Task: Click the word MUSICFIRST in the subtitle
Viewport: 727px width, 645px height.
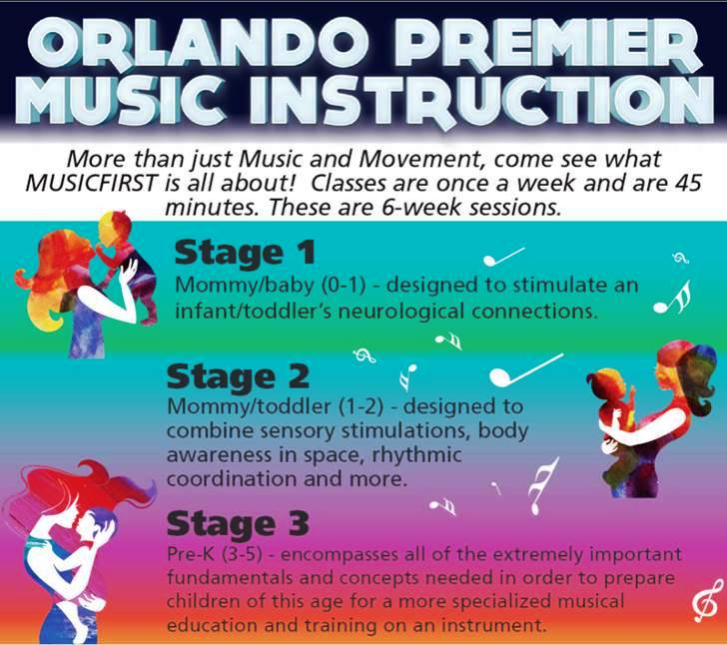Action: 91,183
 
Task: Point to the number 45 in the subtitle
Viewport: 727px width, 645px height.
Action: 688,183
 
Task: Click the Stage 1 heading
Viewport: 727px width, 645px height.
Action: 245,254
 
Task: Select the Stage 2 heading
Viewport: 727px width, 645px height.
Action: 238,376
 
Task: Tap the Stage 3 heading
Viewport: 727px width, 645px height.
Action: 238,523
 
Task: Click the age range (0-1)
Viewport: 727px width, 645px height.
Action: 344,285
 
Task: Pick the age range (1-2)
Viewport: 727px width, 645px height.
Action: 361,406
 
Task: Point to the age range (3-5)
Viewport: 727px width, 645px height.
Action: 241,554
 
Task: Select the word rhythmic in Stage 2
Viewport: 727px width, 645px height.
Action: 416,455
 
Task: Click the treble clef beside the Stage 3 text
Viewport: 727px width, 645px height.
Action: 707,600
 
